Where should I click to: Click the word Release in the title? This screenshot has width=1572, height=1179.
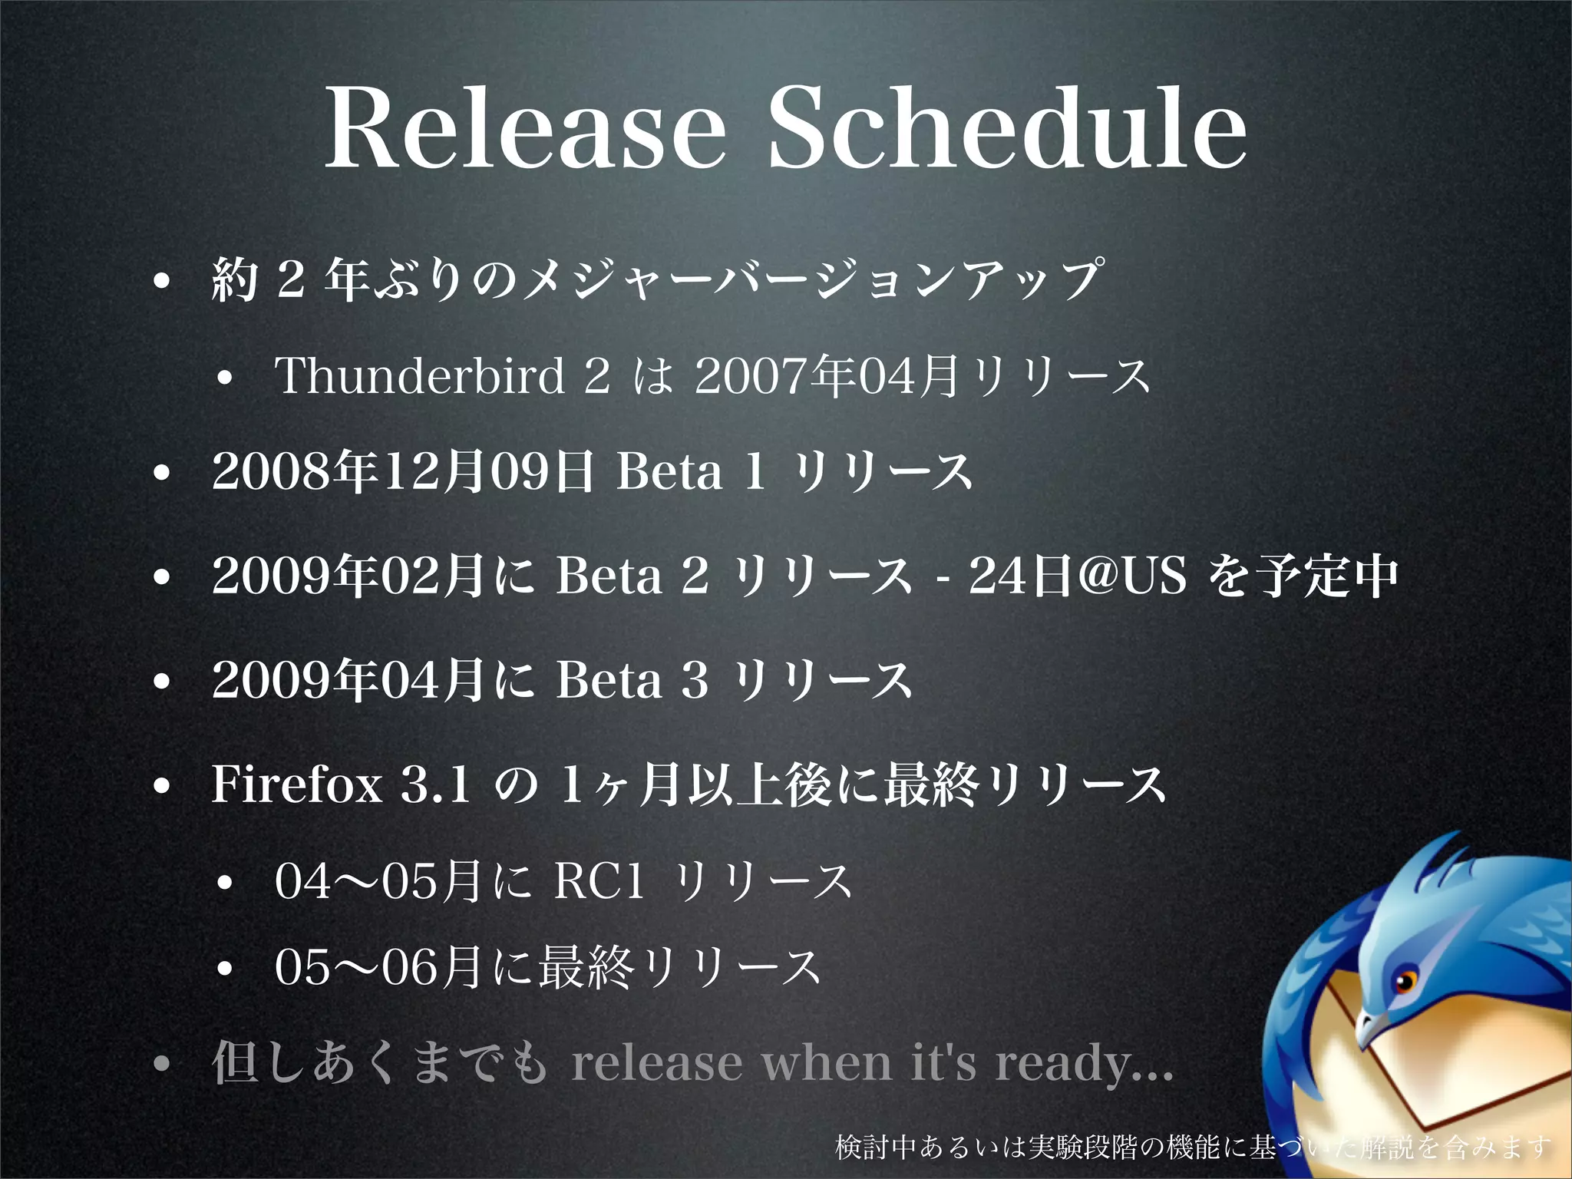coord(525,127)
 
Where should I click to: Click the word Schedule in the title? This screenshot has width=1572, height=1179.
coord(1007,127)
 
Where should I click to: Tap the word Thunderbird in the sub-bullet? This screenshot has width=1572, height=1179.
coord(420,376)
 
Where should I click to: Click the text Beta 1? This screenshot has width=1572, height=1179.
coord(692,471)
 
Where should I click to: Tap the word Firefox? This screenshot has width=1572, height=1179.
coord(297,784)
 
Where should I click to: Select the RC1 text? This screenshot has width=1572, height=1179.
coord(599,881)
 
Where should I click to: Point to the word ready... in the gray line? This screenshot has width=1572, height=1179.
coord(1084,1064)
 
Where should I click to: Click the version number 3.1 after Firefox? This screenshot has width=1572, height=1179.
coord(435,784)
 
